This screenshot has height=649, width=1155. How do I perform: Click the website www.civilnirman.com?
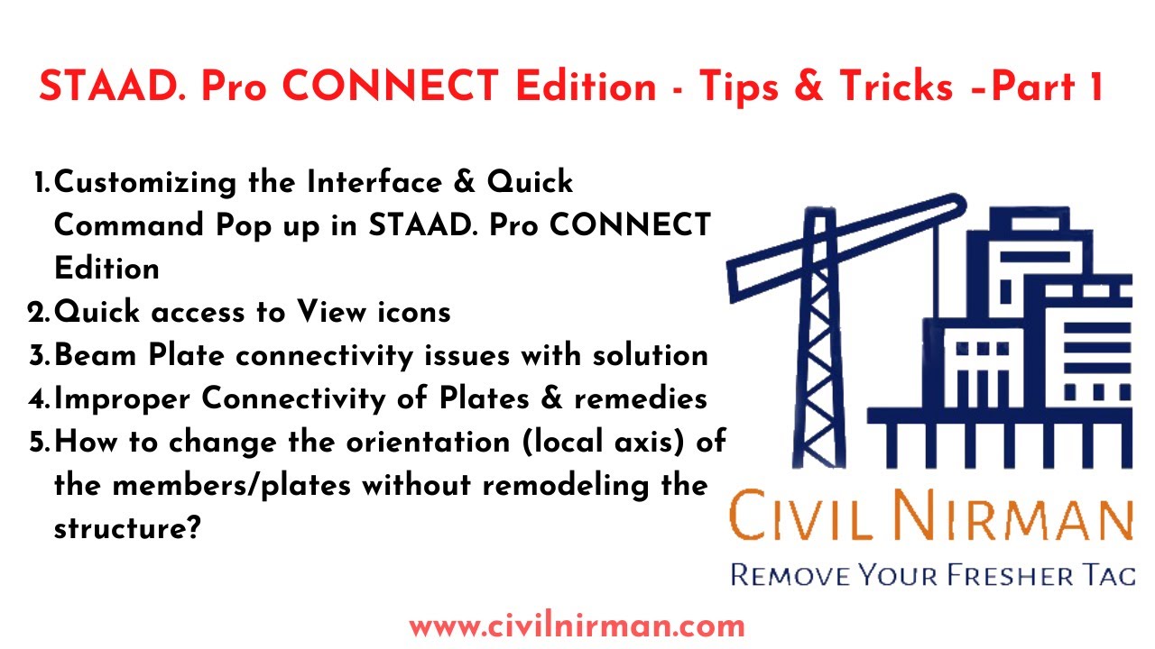(x=577, y=625)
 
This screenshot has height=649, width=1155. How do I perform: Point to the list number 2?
(x=38, y=313)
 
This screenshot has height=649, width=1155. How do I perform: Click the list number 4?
(x=38, y=398)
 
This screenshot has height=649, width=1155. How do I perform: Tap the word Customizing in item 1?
(x=174, y=183)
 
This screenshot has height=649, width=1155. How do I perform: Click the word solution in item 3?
(x=650, y=355)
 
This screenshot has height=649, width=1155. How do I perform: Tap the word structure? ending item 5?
(x=126, y=528)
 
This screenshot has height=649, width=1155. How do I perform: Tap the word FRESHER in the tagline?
(x=978, y=574)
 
